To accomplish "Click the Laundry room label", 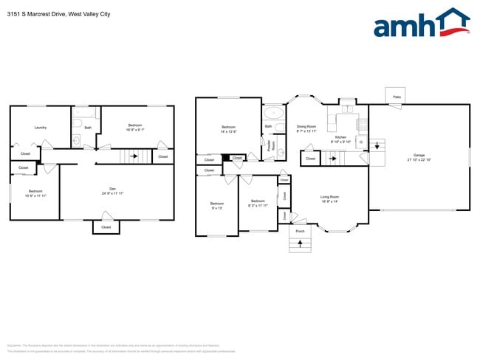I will coord(41,128).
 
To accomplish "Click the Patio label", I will coord(397,97).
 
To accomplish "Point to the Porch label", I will coord(300,231).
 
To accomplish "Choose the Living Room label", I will coord(329,198).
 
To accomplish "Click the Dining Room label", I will coord(306,128).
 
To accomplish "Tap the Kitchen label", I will coord(340,139).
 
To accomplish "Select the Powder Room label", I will coord(270,146).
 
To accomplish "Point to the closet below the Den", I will coord(106,227).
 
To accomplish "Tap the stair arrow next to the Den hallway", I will coord(134,156).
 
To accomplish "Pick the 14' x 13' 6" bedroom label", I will coord(228,129).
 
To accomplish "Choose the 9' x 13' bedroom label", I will coord(216,205).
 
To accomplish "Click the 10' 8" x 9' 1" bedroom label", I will coord(135,128).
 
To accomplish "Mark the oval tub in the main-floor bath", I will coord(272,114).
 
